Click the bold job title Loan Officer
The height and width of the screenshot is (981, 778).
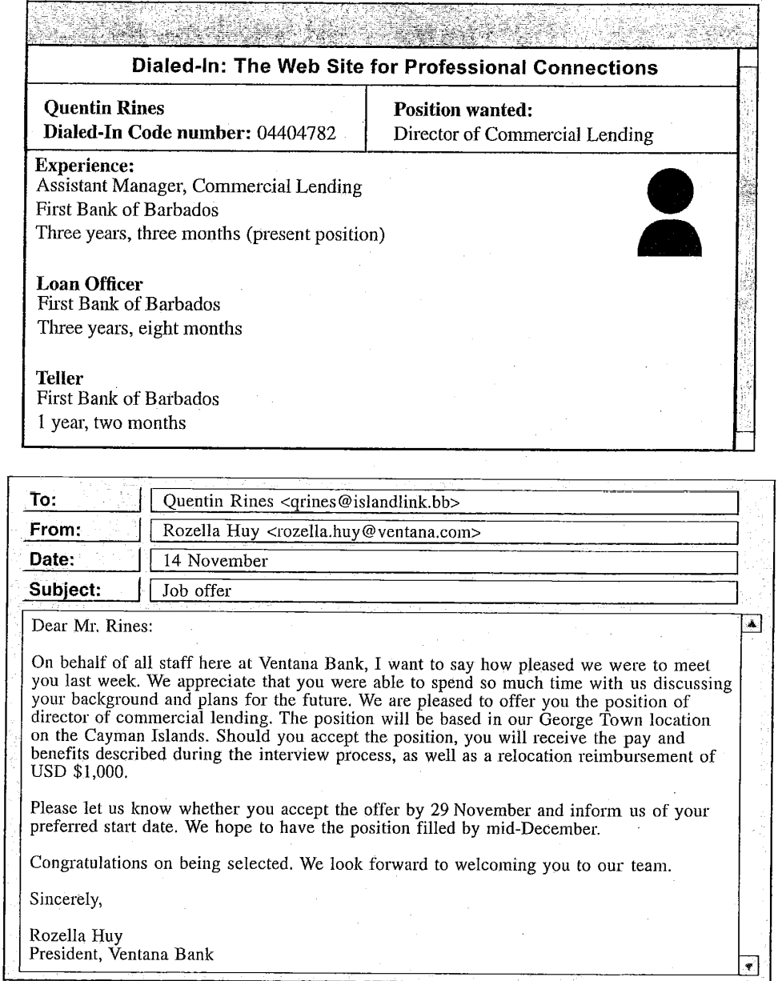coord(78,285)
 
